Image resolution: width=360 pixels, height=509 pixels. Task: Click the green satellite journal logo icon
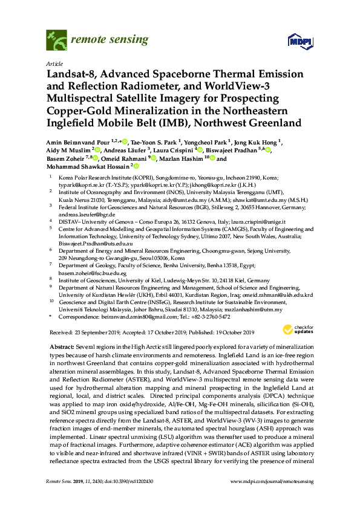click(56, 41)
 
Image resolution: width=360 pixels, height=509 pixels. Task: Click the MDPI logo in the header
click(295, 41)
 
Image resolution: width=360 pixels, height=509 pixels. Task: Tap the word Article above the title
click(53, 63)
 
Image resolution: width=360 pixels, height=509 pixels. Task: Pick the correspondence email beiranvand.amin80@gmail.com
click(128, 316)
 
